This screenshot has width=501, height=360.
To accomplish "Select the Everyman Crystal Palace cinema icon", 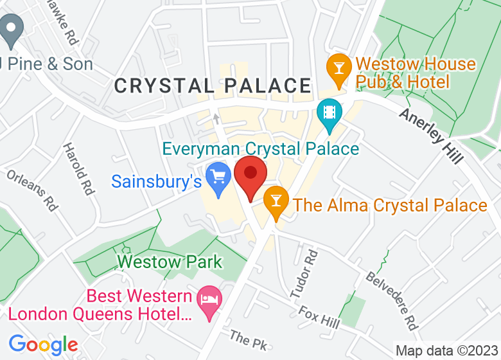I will pyautogui.click(x=329, y=112).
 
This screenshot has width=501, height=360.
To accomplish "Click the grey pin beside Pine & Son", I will pyautogui.click(x=11, y=29).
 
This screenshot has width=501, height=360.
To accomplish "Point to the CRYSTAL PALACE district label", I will pyautogui.click(x=213, y=85).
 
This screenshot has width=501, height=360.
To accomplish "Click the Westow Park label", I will pyautogui.click(x=170, y=262).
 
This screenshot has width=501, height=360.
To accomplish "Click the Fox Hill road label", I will pyautogui.click(x=319, y=316).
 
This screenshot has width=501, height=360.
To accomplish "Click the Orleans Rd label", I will pyautogui.click(x=33, y=190).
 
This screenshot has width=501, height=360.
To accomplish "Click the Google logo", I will pyautogui.click(x=43, y=345).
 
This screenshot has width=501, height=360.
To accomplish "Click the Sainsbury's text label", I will pyautogui.click(x=156, y=181).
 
